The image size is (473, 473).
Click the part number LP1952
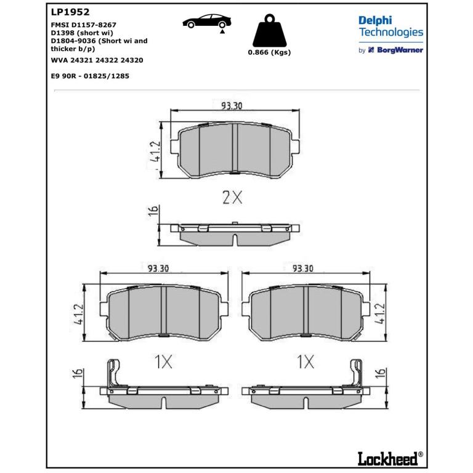[x=70, y=12]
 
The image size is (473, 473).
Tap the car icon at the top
[x=207, y=22]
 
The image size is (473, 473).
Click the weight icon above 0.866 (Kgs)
[x=269, y=30]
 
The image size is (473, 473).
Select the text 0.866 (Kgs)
[x=269, y=52]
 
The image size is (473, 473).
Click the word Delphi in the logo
[x=375, y=21]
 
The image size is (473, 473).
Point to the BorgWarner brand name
[x=400, y=50]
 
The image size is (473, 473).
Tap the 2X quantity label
[x=232, y=198]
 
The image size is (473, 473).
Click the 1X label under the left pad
[x=163, y=362]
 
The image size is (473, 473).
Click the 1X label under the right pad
[x=305, y=362]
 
